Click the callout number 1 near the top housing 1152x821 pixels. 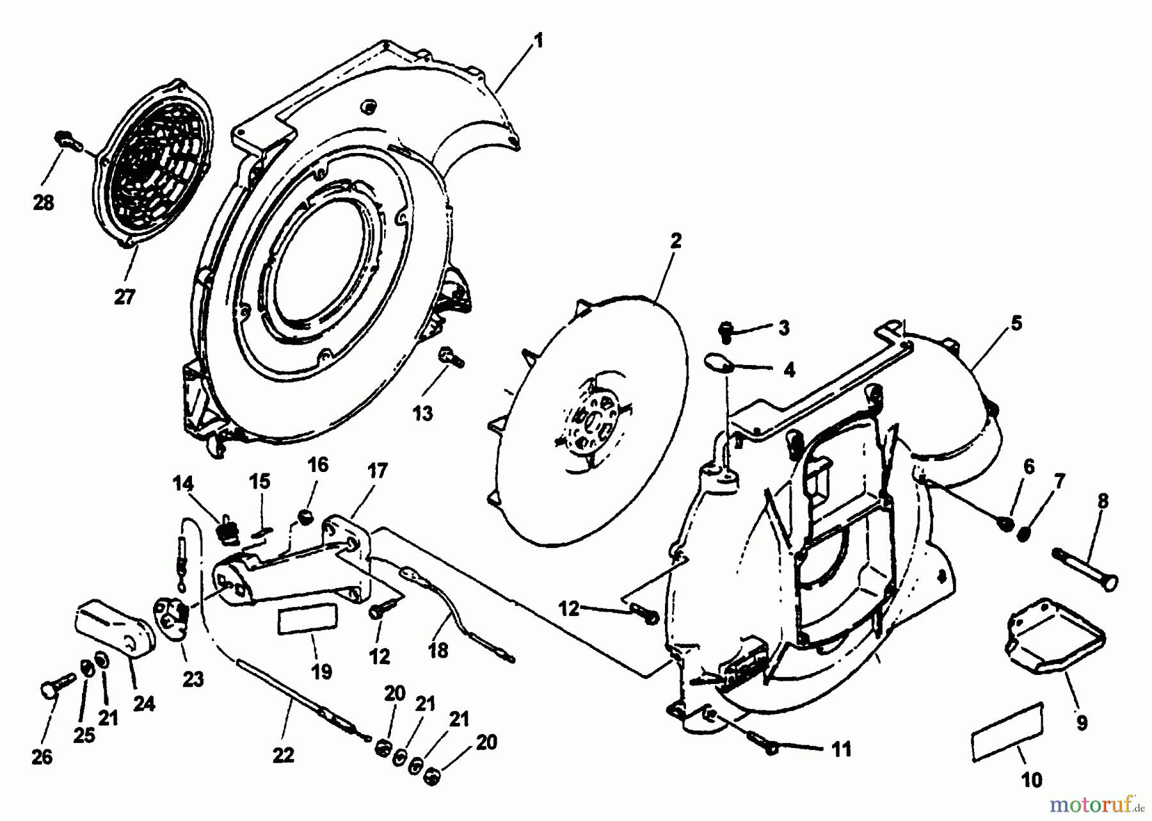538,42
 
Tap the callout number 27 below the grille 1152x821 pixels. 125,297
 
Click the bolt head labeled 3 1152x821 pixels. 726,329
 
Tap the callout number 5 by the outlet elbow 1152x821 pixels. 1016,323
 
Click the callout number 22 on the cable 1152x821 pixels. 283,756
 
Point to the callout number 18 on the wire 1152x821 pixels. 438,651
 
